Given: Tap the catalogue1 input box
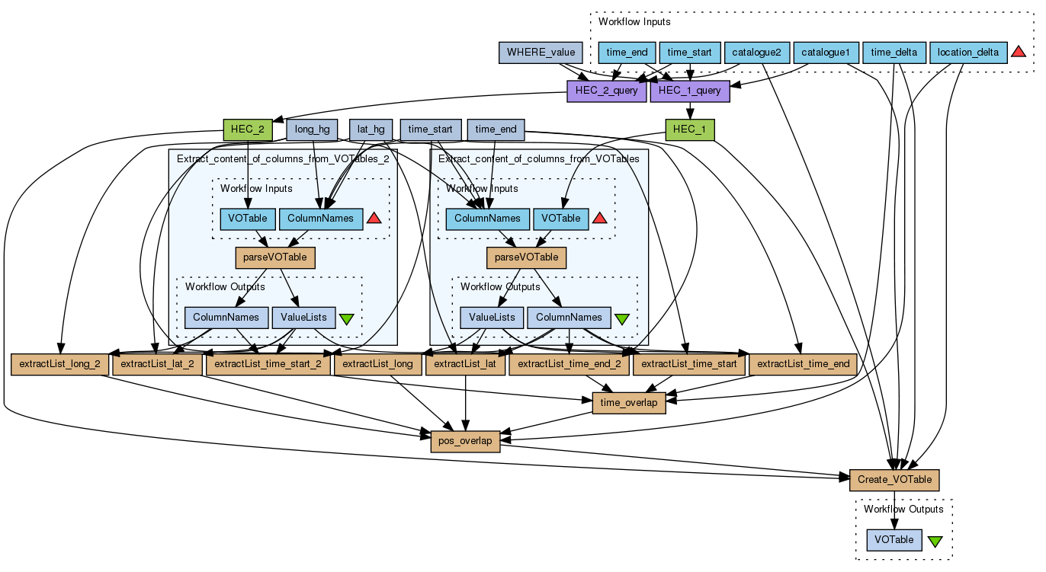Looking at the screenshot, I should [826, 53].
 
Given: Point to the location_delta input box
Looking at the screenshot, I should [968, 53].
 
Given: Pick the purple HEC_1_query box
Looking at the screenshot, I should [689, 91].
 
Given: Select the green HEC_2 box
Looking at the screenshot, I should [248, 129].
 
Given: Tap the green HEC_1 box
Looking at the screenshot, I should [690, 129].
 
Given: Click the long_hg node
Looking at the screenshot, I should [312, 129].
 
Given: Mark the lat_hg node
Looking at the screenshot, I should [371, 129].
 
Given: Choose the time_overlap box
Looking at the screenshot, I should [629, 402].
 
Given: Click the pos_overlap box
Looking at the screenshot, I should [465, 441].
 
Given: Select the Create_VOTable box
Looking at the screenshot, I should [894, 480].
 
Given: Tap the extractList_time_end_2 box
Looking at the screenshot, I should [570, 364].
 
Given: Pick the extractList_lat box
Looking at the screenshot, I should [465, 364].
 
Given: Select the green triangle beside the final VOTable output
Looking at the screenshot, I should [935, 542].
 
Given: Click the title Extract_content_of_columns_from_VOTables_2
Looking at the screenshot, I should [282, 159].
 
